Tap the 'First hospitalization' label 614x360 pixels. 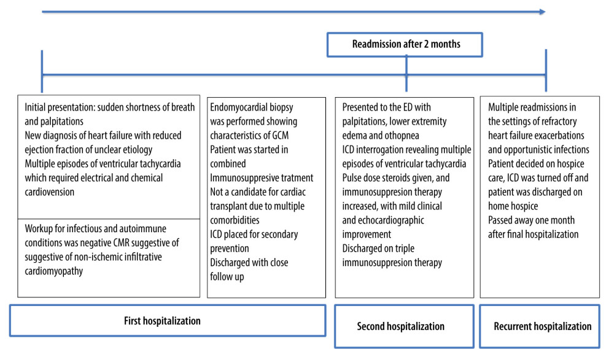(162, 321)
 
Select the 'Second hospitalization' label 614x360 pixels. (400, 326)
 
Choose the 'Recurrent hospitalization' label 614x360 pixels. (542, 326)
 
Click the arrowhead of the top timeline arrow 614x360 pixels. (542, 12)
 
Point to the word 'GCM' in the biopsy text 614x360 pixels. (281, 136)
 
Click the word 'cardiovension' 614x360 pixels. (49, 192)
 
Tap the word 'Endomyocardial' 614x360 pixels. (238, 108)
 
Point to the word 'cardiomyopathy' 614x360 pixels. (53, 272)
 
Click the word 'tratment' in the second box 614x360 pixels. (295, 178)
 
